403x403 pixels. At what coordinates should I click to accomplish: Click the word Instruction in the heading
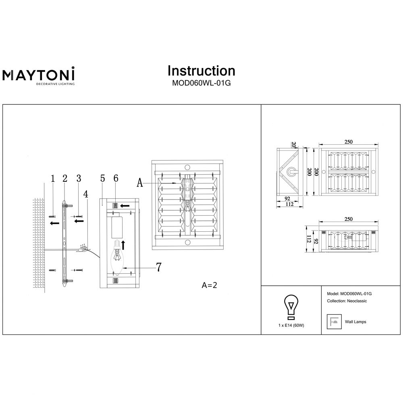(201, 71)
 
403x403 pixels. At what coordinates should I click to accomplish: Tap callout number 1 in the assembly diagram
(52, 179)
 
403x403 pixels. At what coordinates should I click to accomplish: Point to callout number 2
(64, 179)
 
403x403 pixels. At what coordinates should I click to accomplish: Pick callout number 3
(79, 179)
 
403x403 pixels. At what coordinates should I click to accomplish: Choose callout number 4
(85, 194)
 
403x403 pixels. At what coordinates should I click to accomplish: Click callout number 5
(102, 179)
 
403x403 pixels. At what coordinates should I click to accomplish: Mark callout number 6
(116, 179)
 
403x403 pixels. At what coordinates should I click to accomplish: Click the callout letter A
(140, 183)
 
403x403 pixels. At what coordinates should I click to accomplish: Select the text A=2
(210, 285)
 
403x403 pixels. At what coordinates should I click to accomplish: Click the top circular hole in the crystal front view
(187, 167)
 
